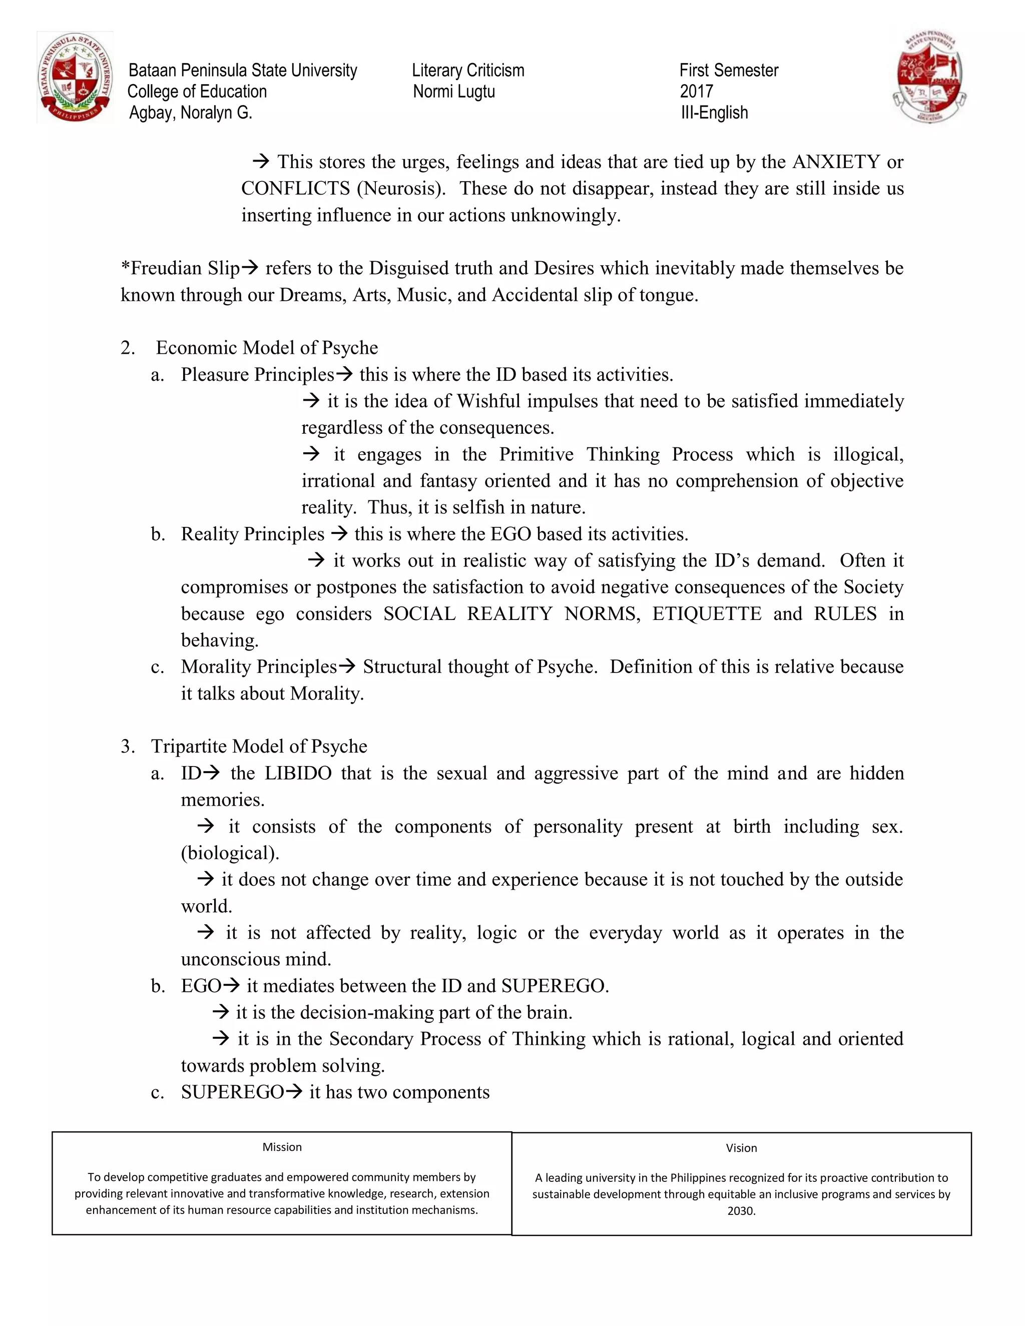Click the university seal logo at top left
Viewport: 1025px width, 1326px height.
75,77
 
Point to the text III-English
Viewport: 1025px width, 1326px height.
714,113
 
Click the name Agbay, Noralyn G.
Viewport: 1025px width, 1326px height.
190,113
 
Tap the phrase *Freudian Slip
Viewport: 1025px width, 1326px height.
180,268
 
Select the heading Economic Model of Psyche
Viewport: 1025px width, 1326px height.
267,348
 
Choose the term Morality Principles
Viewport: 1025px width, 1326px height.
258,667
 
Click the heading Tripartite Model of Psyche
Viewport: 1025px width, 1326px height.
259,746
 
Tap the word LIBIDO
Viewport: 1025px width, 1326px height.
298,774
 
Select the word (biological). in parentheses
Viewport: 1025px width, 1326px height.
230,853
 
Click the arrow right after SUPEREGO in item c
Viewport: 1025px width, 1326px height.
294,1092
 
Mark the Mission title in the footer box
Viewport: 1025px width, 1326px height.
282,1147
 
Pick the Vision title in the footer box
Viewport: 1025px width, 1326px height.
741,1148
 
